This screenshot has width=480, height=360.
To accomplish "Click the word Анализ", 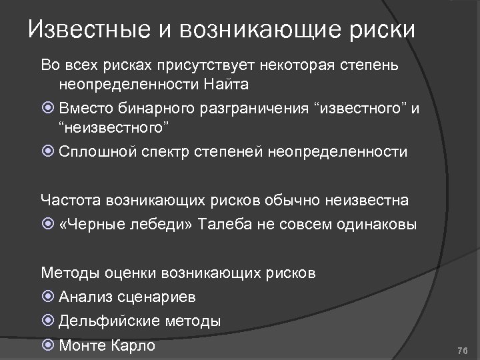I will [x=85, y=297].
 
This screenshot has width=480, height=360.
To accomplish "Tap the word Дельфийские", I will [x=107, y=321].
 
